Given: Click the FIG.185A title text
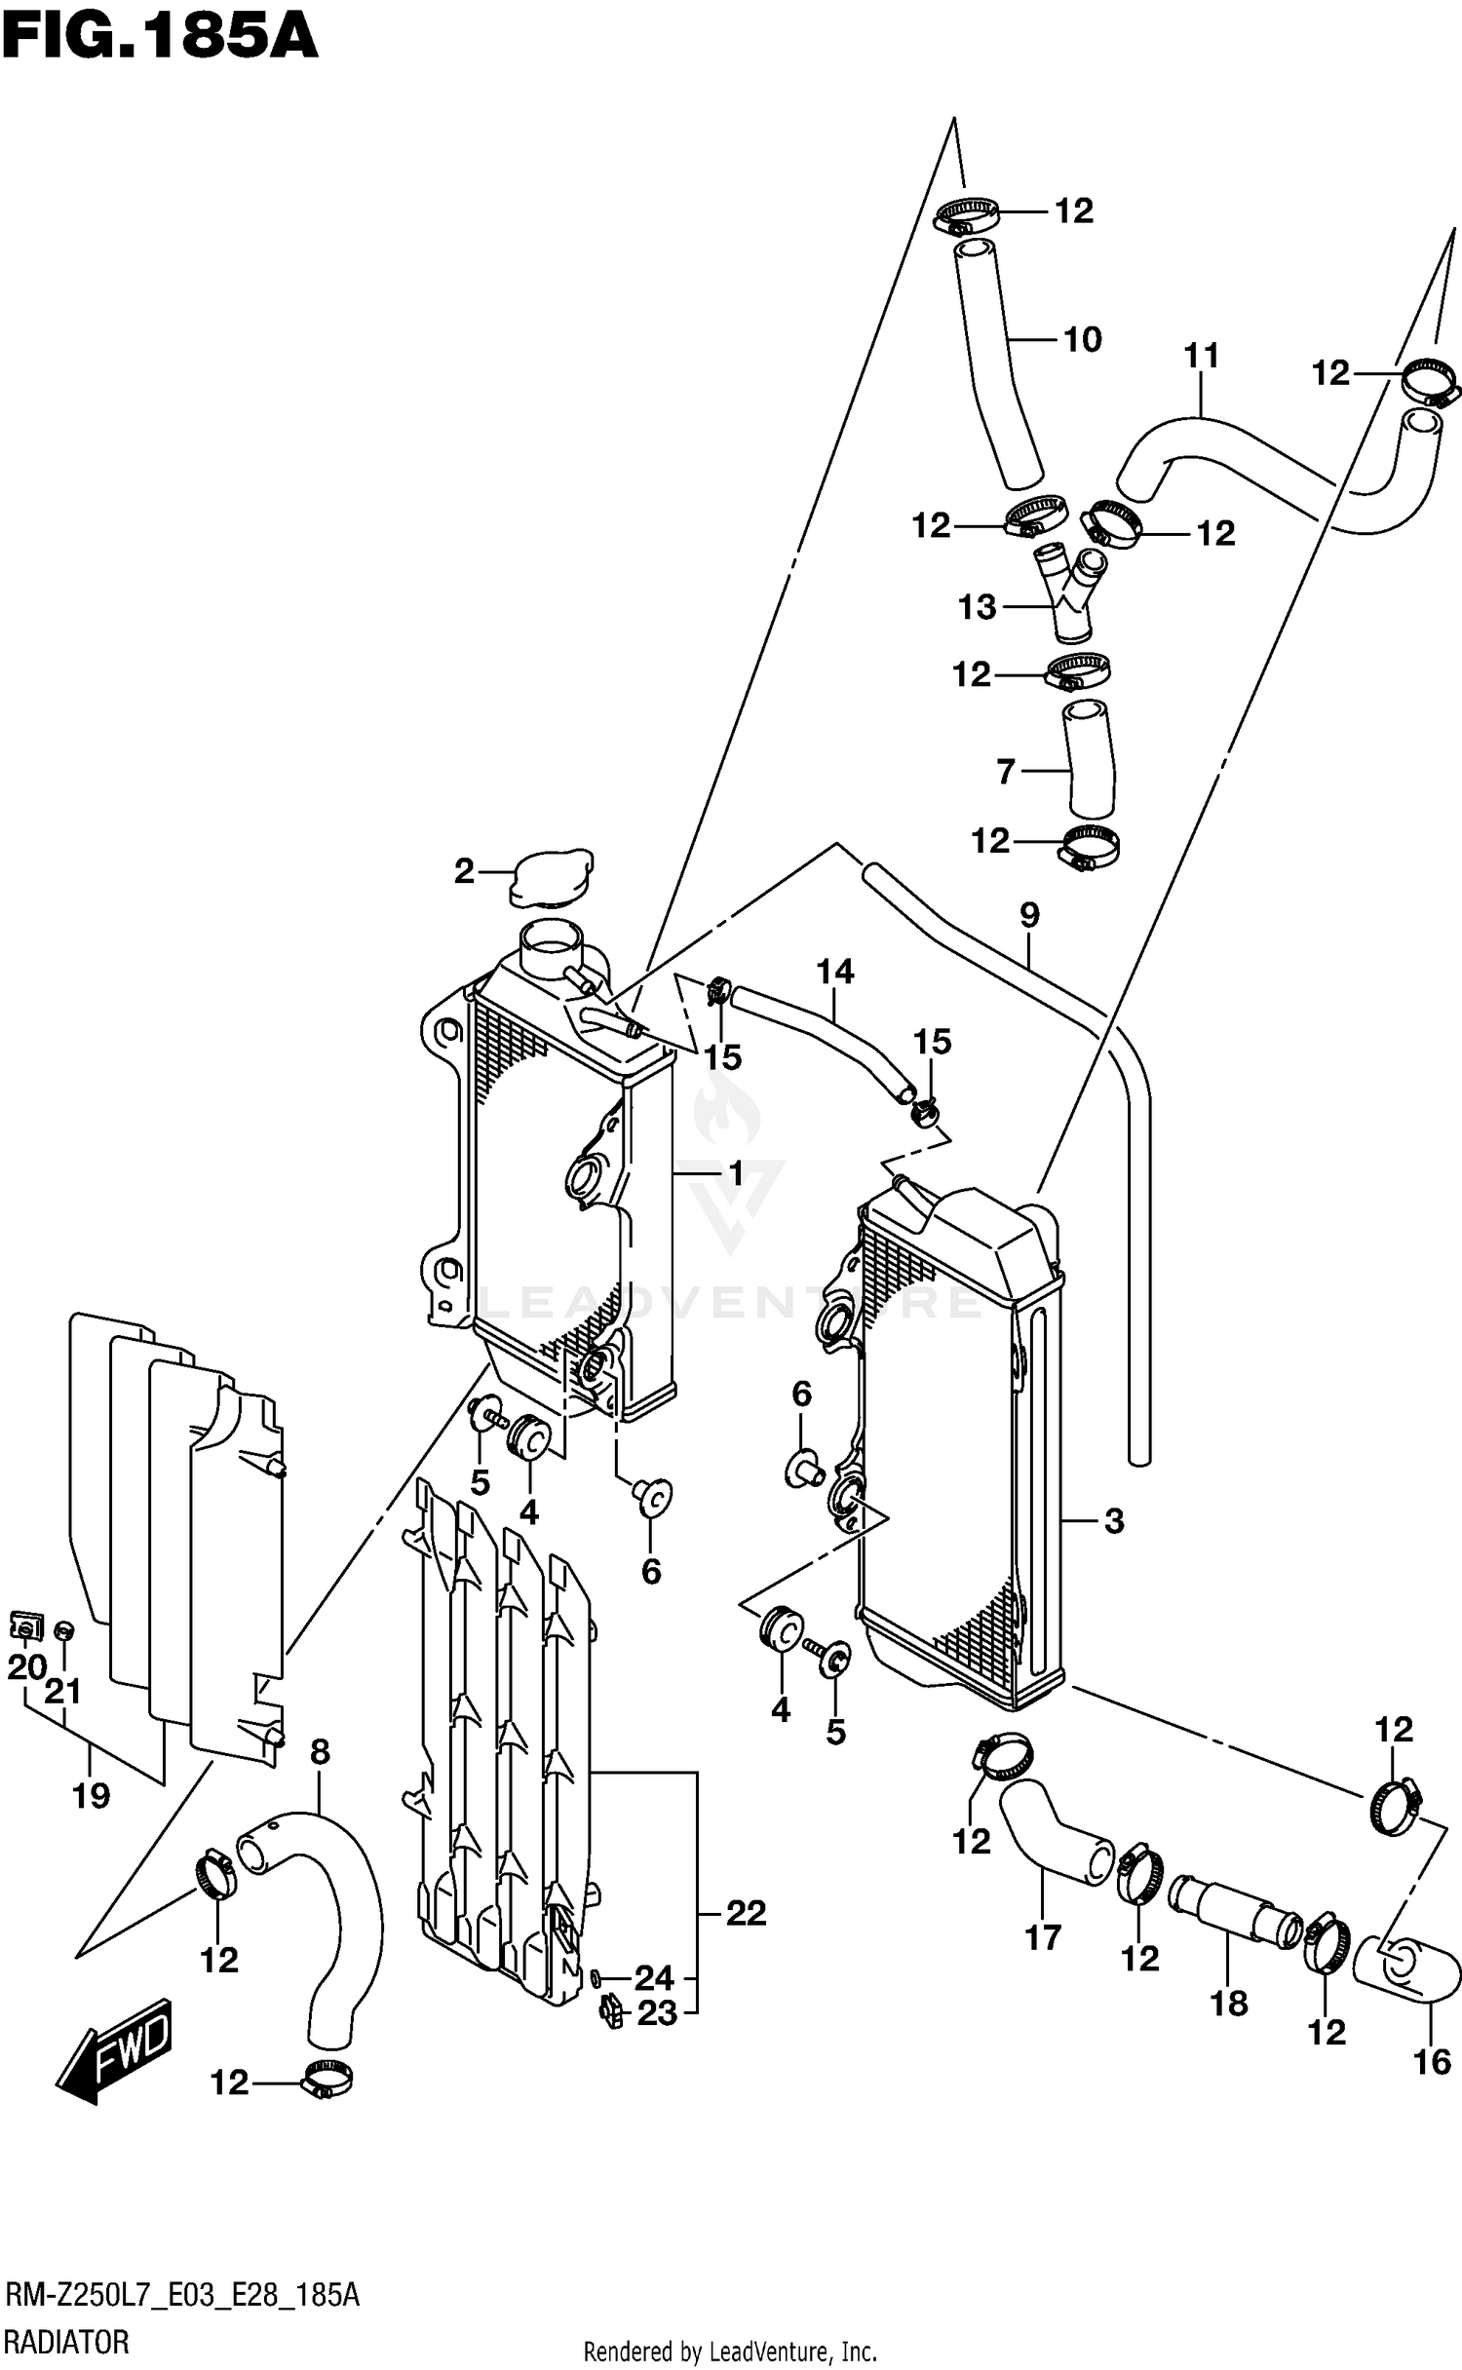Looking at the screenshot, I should pos(160,38).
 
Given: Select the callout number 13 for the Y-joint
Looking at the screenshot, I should pos(977,607).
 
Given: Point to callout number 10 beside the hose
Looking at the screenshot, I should pos(1082,339).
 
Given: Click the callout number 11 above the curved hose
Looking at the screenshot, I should pos(1202,357).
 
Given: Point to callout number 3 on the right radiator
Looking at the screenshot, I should pos(1114,1520).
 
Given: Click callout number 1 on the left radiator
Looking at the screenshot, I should pos(735,1173).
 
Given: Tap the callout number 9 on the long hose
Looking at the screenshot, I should pos(1029,915).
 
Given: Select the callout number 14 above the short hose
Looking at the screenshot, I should pos(835,971).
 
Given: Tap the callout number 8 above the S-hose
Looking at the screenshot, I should pos(320,1752).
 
